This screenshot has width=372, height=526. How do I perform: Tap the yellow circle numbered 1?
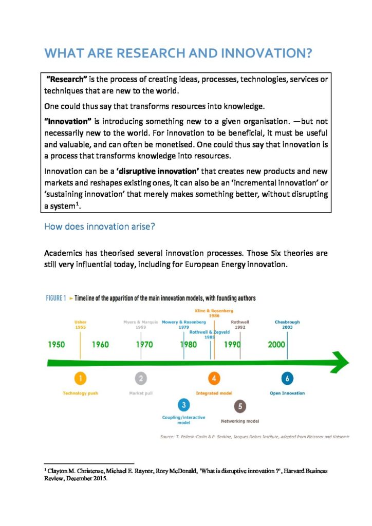pyautogui.click(x=80, y=379)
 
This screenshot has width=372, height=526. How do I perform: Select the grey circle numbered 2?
pyautogui.click(x=141, y=379)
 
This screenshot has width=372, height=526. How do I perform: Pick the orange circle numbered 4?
pyautogui.click(x=214, y=379)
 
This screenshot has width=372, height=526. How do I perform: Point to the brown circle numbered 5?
pyautogui.click(x=240, y=406)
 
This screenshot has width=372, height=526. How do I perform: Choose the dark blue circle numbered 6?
pyautogui.click(x=287, y=379)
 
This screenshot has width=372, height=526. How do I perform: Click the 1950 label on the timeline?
pyautogui.click(x=57, y=344)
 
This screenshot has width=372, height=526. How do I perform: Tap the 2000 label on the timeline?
pyautogui.click(x=276, y=344)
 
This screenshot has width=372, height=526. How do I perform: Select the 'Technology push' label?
pyautogui.click(x=80, y=393)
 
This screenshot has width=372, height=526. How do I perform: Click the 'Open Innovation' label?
pyautogui.click(x=287, y=393)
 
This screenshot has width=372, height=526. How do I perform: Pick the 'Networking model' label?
pyautogui.click(x=240, y=421)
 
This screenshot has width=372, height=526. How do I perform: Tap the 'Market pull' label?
pyautogui.click(x=141, y=393)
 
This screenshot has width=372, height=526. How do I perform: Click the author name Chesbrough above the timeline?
pyautogui.click(x=287, y=323)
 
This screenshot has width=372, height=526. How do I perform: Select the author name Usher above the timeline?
pyautogui.click(x=80, y=323)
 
